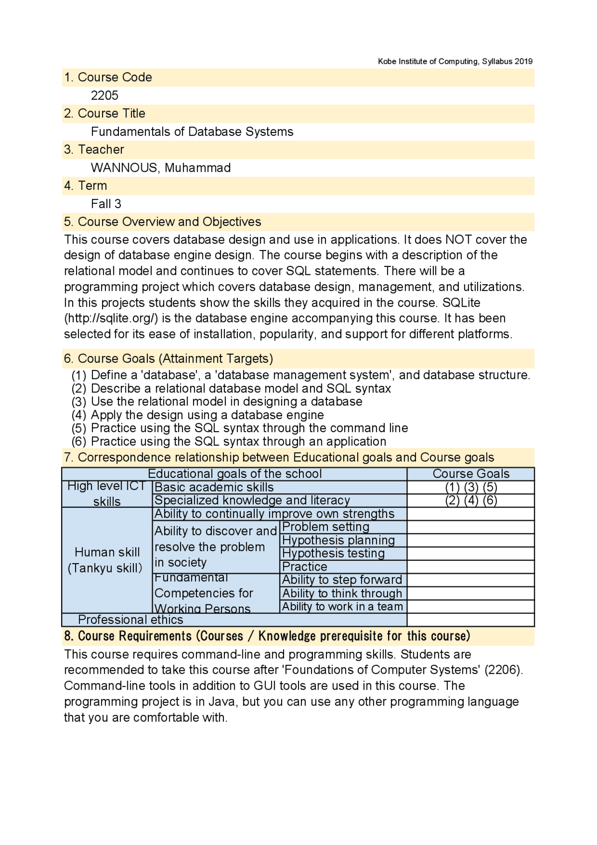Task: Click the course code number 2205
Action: pos(104,95)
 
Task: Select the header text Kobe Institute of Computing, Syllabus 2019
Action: pos(455,61)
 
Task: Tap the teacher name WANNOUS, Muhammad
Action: pos(160,168)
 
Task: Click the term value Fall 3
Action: pos(106,204)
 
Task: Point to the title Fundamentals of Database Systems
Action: pos(192,132)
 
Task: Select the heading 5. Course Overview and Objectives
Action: pos(162,222)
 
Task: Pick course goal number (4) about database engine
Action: pos(198,415)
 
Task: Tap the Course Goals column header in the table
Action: pos(471,474)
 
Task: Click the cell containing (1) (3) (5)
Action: pos(471,487)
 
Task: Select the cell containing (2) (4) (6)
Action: pos(471,500)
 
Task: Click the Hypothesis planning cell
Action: pos(338,540)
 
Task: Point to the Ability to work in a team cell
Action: pos(342,607)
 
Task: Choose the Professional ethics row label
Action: pos(131,620)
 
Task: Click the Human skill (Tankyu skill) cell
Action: pos(107,560)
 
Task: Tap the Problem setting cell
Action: pos(326,527)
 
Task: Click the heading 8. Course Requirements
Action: pos(267,636)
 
